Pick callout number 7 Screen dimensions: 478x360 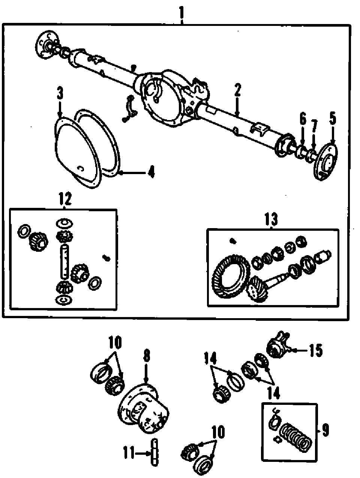click(314, 124)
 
